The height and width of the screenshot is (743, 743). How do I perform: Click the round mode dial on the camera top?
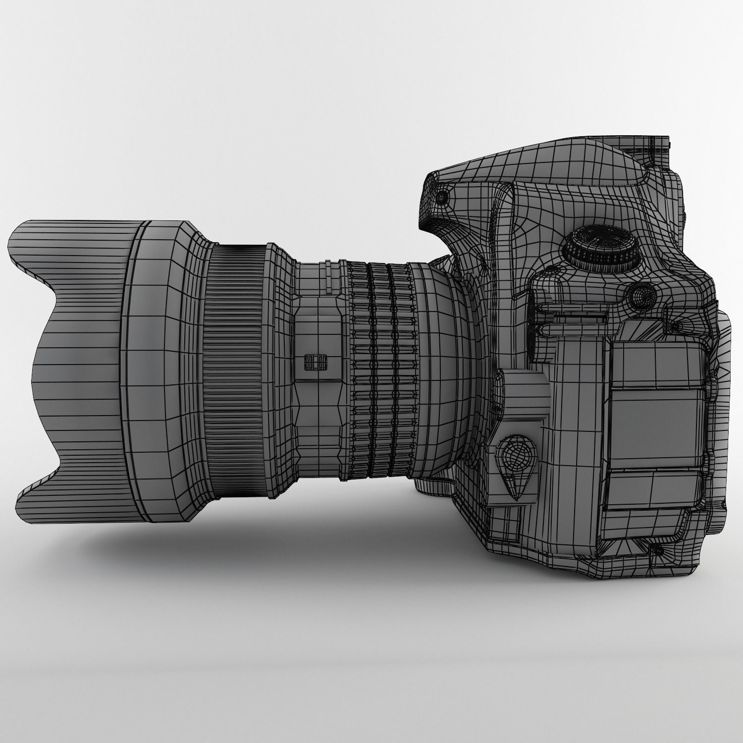pyautogui.click(x=601, y=247)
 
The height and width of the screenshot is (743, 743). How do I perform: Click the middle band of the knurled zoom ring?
pyautogui.click(x=379, y=371)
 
